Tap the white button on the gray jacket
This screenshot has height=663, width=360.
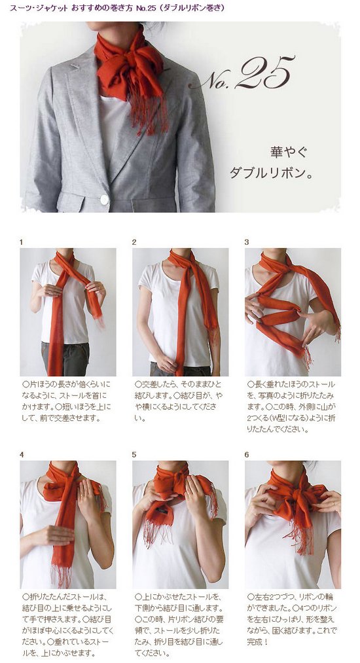pyautogui.click(x=105, y=199)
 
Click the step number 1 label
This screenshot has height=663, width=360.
pyautogui.click(x=22, y=242)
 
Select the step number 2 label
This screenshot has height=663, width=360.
pyautogui.click(x=134, y=242)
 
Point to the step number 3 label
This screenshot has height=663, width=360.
pyautogui.click(x=247, y=242)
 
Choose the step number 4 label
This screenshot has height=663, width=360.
pyautogui.click(x=22, y=455)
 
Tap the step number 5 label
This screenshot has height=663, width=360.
pyautogui.click(x=134, y=455)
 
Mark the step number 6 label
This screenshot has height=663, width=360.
pyautogui.click(x=247, y=455)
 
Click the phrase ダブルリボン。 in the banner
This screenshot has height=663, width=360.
pyautogui.click(x=271, y=173)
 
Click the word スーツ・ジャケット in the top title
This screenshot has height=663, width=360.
pyautogui.click(x=39, y=8)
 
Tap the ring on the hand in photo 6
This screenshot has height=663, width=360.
pyautogui.click(x=334, y=503)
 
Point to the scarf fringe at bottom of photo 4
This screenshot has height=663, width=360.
pyautogui.click(x=63, y=573)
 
